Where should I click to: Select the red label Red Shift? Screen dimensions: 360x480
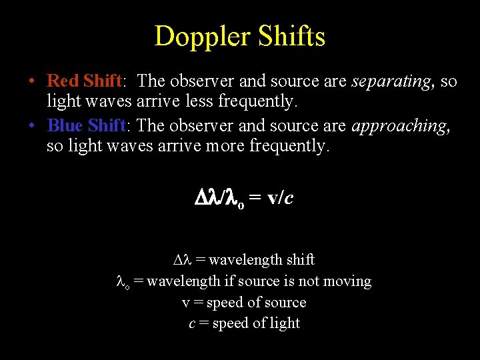(84, 81)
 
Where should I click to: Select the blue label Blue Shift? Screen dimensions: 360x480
(87, 125)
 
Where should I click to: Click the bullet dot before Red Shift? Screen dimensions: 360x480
(32, 82)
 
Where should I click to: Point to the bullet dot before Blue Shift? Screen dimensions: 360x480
(32, 126)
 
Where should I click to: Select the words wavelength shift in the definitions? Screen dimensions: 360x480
(261, 259)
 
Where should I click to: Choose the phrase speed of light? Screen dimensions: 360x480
(256, 323)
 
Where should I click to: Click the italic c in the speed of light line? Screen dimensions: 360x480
(192, 324)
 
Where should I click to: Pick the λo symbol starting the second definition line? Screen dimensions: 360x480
(123, 282)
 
